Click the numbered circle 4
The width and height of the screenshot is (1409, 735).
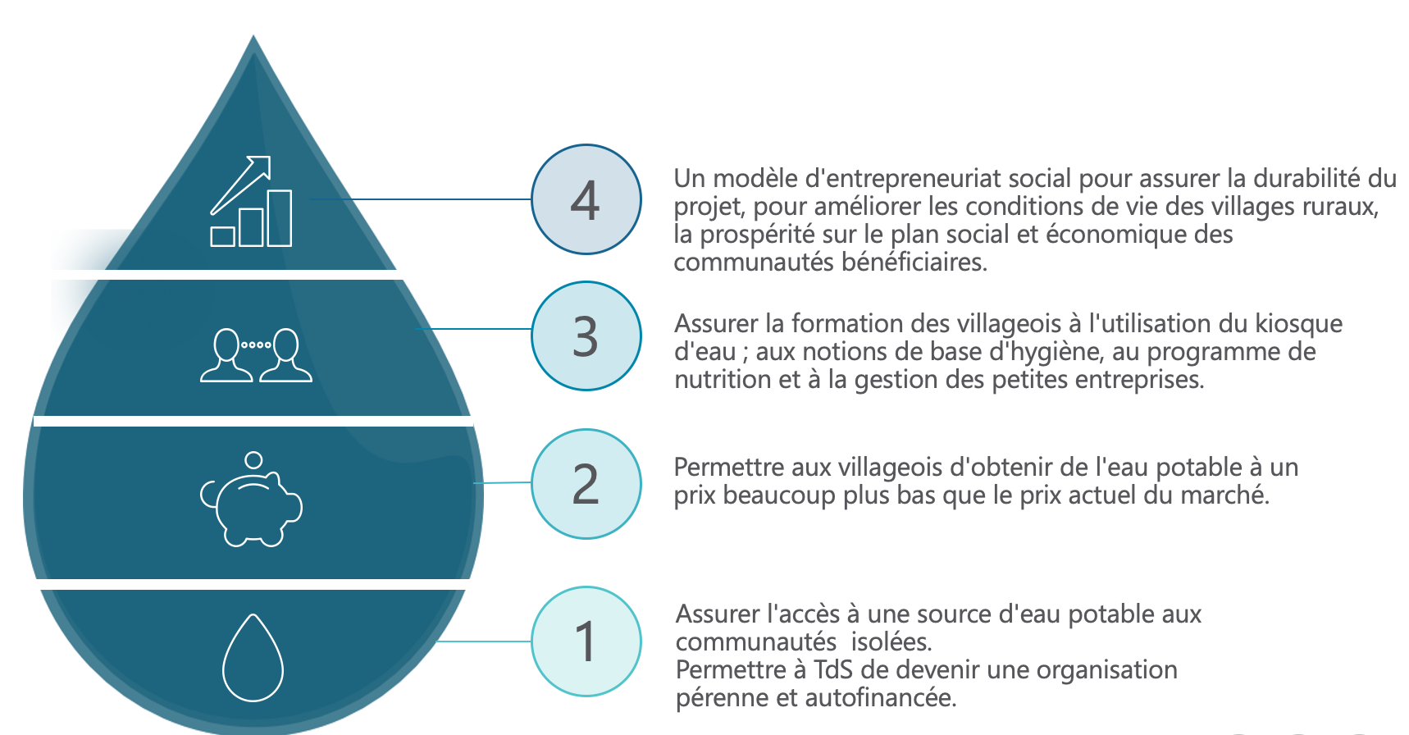click(586, 199)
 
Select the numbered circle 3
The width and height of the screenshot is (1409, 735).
click(586, 336)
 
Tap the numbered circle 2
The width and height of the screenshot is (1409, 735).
click(586, 484)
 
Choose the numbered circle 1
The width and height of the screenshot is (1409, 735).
click(586, 641)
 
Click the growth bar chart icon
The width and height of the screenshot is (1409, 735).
click(251, 201)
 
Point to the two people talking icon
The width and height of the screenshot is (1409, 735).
click(256, 355)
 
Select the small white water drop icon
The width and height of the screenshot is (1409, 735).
click(253, 658)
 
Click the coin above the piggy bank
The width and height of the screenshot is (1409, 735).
click(254, 460)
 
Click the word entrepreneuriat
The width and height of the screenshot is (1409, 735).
click(903, 179)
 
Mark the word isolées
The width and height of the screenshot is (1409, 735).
click(891, 642)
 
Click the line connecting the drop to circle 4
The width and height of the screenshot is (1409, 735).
click(420, 199)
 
